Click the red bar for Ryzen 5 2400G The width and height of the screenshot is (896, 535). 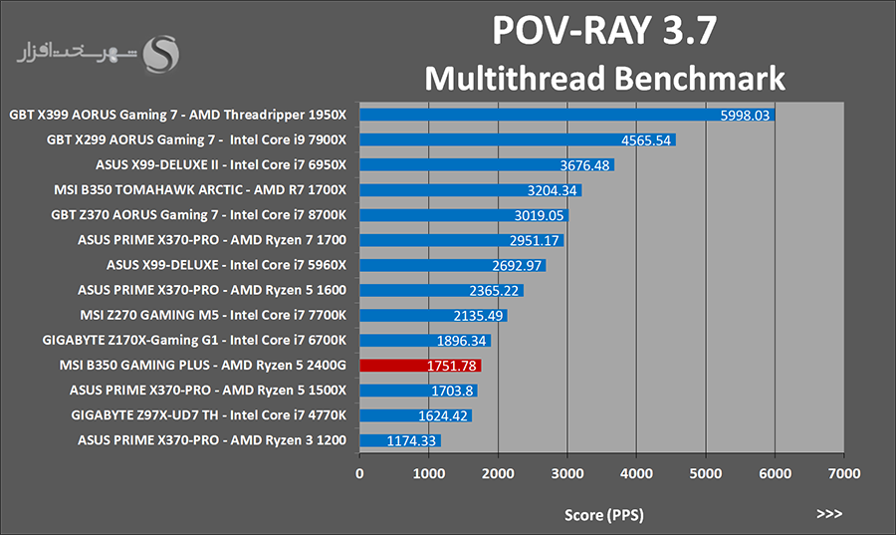point(420,366)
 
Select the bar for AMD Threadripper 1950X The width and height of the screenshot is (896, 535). point(566,116)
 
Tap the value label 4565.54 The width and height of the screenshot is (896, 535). point(646,140)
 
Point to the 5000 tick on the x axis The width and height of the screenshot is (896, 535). point(706,475)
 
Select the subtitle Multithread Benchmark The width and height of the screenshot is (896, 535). point(604,78)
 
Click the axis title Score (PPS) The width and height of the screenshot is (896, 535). point(603,515)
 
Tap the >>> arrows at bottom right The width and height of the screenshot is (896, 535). point(828,514)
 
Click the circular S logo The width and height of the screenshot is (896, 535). point(161,55)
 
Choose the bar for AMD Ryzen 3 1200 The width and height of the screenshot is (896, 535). point(400,440)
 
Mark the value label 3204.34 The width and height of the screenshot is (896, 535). point(553,190)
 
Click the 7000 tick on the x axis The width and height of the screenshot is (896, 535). point(844,475)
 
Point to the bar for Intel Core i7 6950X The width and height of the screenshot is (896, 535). point(487,165)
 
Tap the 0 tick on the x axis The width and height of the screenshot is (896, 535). point(359,475)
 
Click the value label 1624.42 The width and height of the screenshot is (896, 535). point(442,415)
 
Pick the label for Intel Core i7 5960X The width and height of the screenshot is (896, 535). point(226,265)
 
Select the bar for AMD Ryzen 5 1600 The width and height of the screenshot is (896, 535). point(441,290)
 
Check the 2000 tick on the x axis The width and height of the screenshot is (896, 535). point(498,475)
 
